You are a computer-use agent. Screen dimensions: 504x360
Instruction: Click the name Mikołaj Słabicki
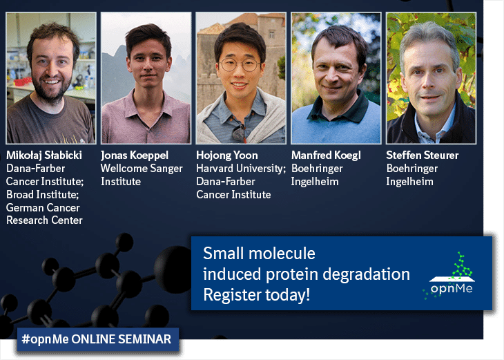[x=44, y=155]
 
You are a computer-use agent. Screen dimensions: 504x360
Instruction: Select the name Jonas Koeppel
[x=135, y=155]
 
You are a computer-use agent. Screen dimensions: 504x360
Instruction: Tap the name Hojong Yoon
[x=227, y=155]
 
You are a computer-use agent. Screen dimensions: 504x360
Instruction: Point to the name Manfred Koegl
[x=326, y=155]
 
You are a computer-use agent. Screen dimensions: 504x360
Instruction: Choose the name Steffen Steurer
[x=423, y=155]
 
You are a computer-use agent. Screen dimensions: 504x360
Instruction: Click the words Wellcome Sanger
[x=142, y=169]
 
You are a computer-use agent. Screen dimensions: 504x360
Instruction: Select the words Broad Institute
[x=42, y=195]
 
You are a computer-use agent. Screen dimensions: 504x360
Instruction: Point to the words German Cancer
[x=43, y=207]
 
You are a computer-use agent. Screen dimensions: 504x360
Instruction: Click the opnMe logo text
[x=452, y=288]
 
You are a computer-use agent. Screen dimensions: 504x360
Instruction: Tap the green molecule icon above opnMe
[x=462, y=266]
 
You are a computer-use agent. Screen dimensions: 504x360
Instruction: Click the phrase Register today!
[x=257, y=295]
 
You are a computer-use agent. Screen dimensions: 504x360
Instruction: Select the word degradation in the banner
[x=366, y=275]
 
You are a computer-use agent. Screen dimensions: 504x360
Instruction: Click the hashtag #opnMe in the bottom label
[x=45, y=339]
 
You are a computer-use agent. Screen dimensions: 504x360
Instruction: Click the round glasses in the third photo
[x=240, y=65]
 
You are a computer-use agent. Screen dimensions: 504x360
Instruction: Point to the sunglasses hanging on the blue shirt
[x=239, y=133]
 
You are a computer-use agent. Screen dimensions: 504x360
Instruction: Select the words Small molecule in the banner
[x=259, y=254]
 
